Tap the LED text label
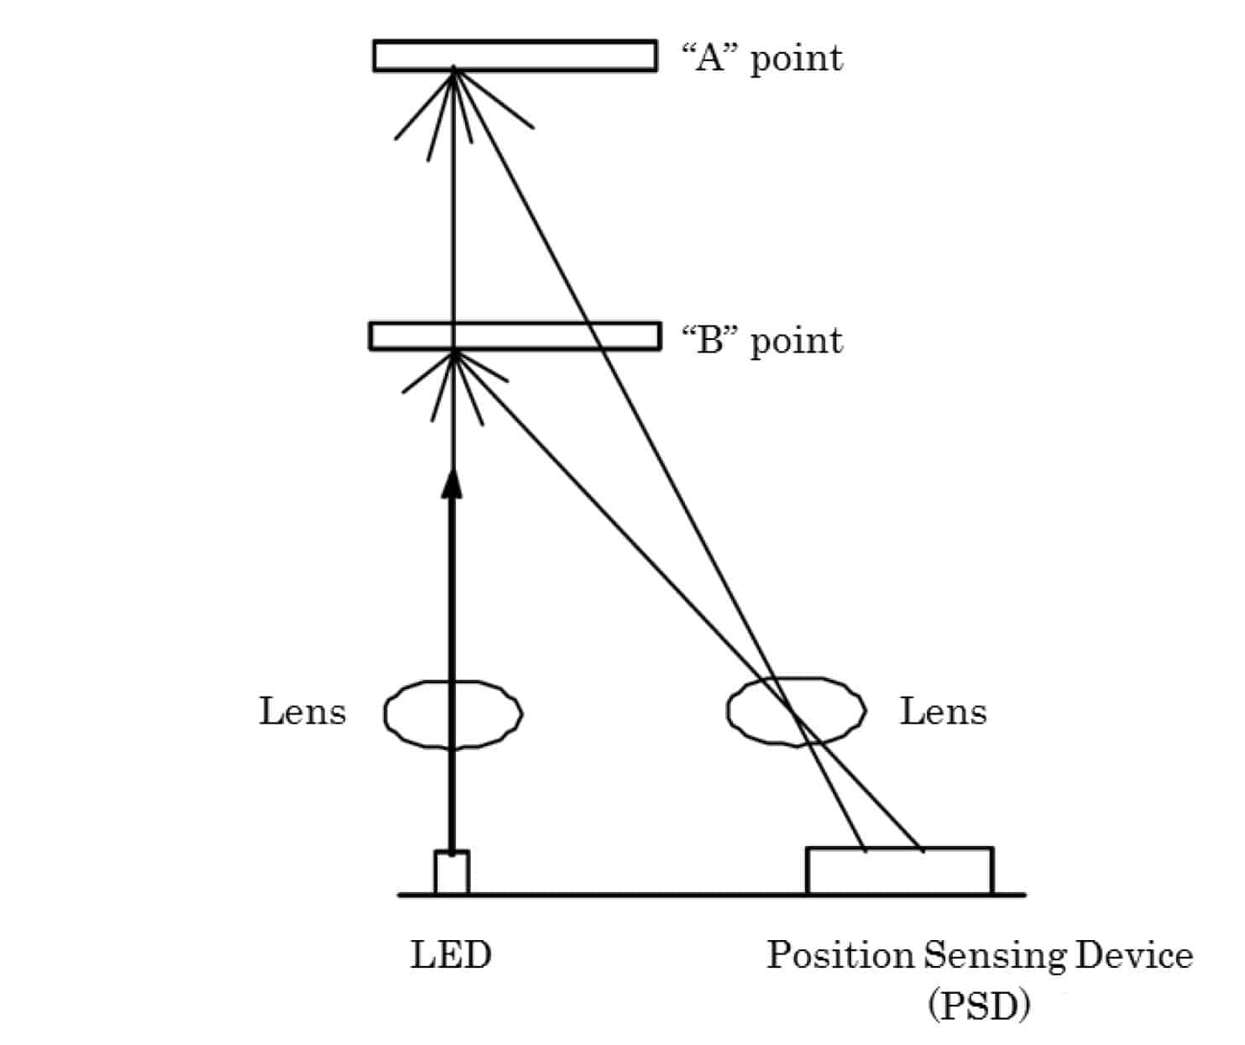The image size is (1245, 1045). pos(451,955)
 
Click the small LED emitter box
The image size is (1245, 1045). pos(452,873)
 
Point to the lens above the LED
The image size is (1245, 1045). pos(453,713)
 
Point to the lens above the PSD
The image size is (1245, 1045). pos(796,712)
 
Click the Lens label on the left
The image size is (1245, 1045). pos(302,712)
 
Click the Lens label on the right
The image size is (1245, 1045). pos(944,712)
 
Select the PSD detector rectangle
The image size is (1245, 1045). pos(899,871)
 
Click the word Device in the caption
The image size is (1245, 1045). pos(1134,955)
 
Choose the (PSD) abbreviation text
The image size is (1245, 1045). pos(979,1005)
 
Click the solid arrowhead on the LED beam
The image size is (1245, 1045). pos(452,485)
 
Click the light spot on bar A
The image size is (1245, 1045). pos(454,69)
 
